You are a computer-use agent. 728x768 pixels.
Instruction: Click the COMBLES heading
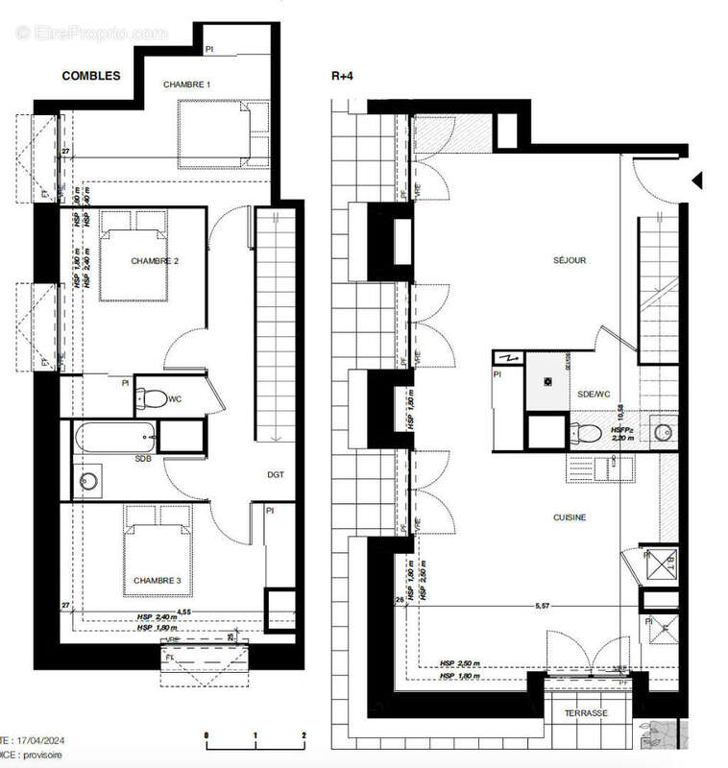point(91,76)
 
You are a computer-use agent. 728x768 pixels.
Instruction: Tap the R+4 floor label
point(342,76)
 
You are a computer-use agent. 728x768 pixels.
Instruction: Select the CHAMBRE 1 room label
point(186,85)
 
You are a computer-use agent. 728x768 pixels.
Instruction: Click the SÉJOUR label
point(570,260)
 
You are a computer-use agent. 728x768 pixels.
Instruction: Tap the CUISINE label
point(570,517)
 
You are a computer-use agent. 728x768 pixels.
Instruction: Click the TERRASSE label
point(586,713)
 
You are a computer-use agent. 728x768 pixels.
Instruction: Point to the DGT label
point(276,474)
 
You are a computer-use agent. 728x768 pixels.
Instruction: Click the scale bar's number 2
point(303,734)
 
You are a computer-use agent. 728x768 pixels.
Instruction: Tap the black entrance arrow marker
point(698,180)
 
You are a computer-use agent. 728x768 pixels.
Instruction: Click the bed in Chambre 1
point(223,132)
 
